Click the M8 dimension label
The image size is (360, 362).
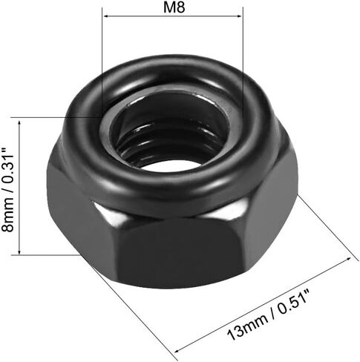click(x=174, y=7)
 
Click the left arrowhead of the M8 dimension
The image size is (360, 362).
click(x=106, y=16)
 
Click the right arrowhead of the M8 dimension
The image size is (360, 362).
click(x=239, y=16)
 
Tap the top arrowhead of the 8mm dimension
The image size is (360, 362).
click(x=19, y=123)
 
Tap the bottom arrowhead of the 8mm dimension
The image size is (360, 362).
click(x=19, y=251)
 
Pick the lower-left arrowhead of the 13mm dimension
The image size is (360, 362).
click(x=177, y=349)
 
